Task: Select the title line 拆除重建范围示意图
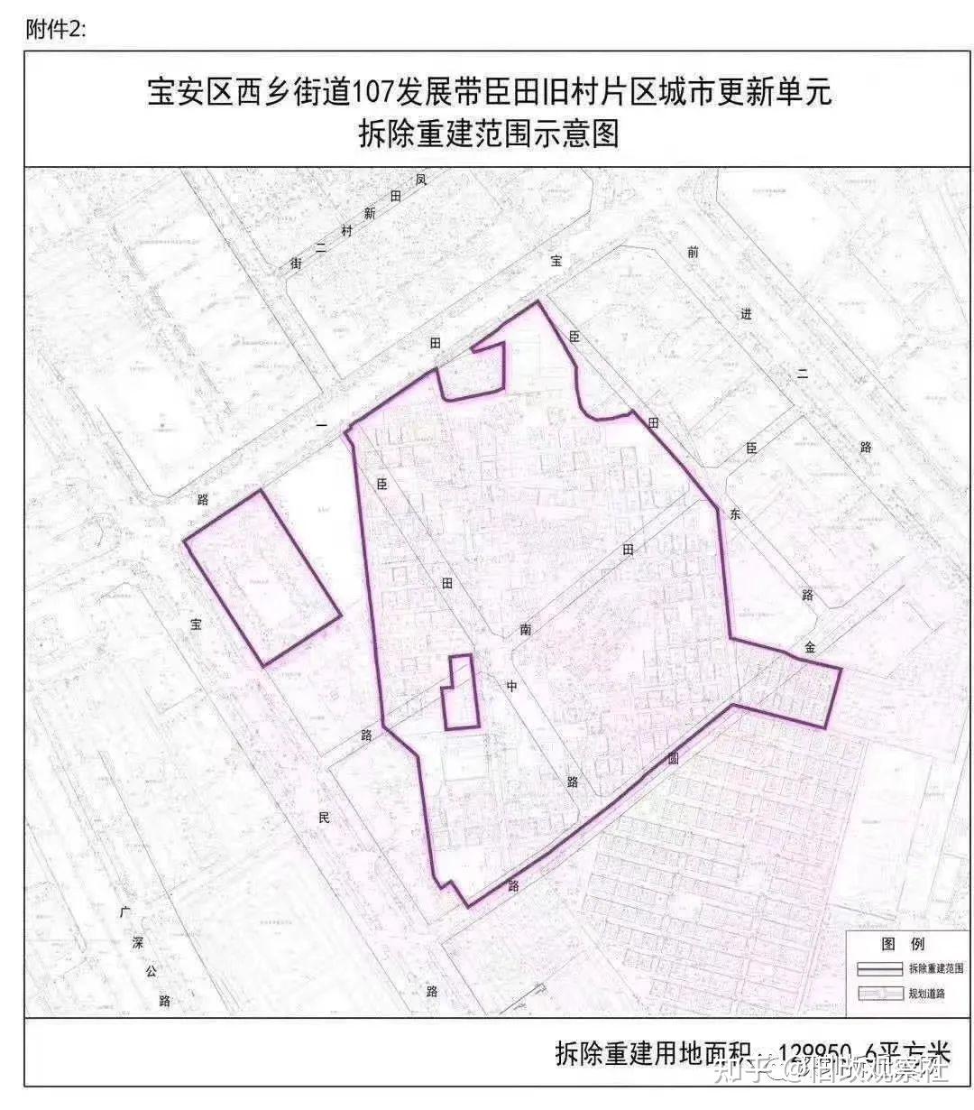click(x=488, y=135)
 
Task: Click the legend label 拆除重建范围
click(x=935, y=968)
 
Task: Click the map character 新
click(x=370, y=214)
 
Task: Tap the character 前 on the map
click(x=692, y=253)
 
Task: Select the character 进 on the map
click(x=746, y=314)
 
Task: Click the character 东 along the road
click(x=735, y=513)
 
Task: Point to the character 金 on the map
click(x=811, y=647)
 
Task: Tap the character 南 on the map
click(x=525, y=630)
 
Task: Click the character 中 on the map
click(x=511, y=686)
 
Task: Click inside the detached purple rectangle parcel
click(x=262, y=578)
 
